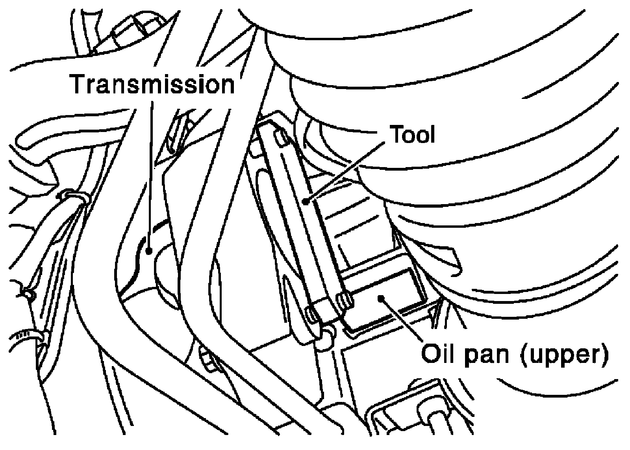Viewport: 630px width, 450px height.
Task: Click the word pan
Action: pyautogui.click(x=487, y=357)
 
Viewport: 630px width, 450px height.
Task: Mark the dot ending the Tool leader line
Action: pyautogui.click(x=306, y=201)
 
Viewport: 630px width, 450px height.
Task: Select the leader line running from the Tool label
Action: pyautogui.click(x=345, y=172)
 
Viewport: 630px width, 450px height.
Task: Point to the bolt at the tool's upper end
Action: pyautogui.click(x=281, y=138)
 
